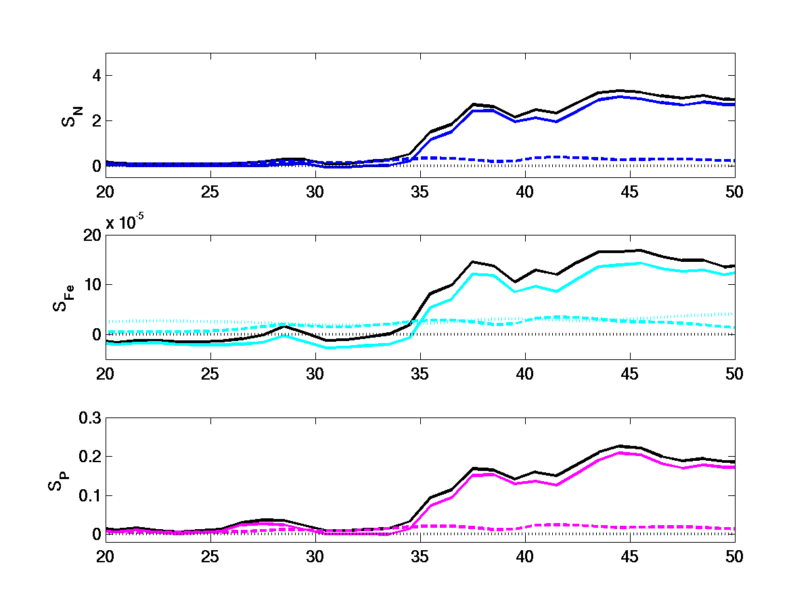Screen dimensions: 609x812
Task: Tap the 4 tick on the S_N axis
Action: [x=96, y=76]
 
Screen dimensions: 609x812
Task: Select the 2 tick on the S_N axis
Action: [x=96, y=121]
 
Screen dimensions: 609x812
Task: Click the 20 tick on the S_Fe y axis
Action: [x=92, y=235]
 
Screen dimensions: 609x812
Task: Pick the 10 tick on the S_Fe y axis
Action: [x=92, y=284]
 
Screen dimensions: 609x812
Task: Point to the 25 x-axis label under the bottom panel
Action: [x=210, y=556]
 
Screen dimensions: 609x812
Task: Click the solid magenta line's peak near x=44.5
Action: [x=620, y=453]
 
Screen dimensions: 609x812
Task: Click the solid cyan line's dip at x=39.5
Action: [x=515, y=292]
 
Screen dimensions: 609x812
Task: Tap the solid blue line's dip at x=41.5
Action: [x=557, y=122]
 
